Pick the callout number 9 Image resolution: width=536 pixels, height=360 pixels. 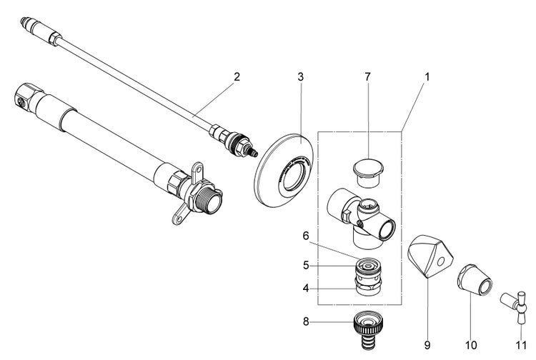tap(428, 344)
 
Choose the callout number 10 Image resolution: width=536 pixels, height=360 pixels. tap(471, 344)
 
